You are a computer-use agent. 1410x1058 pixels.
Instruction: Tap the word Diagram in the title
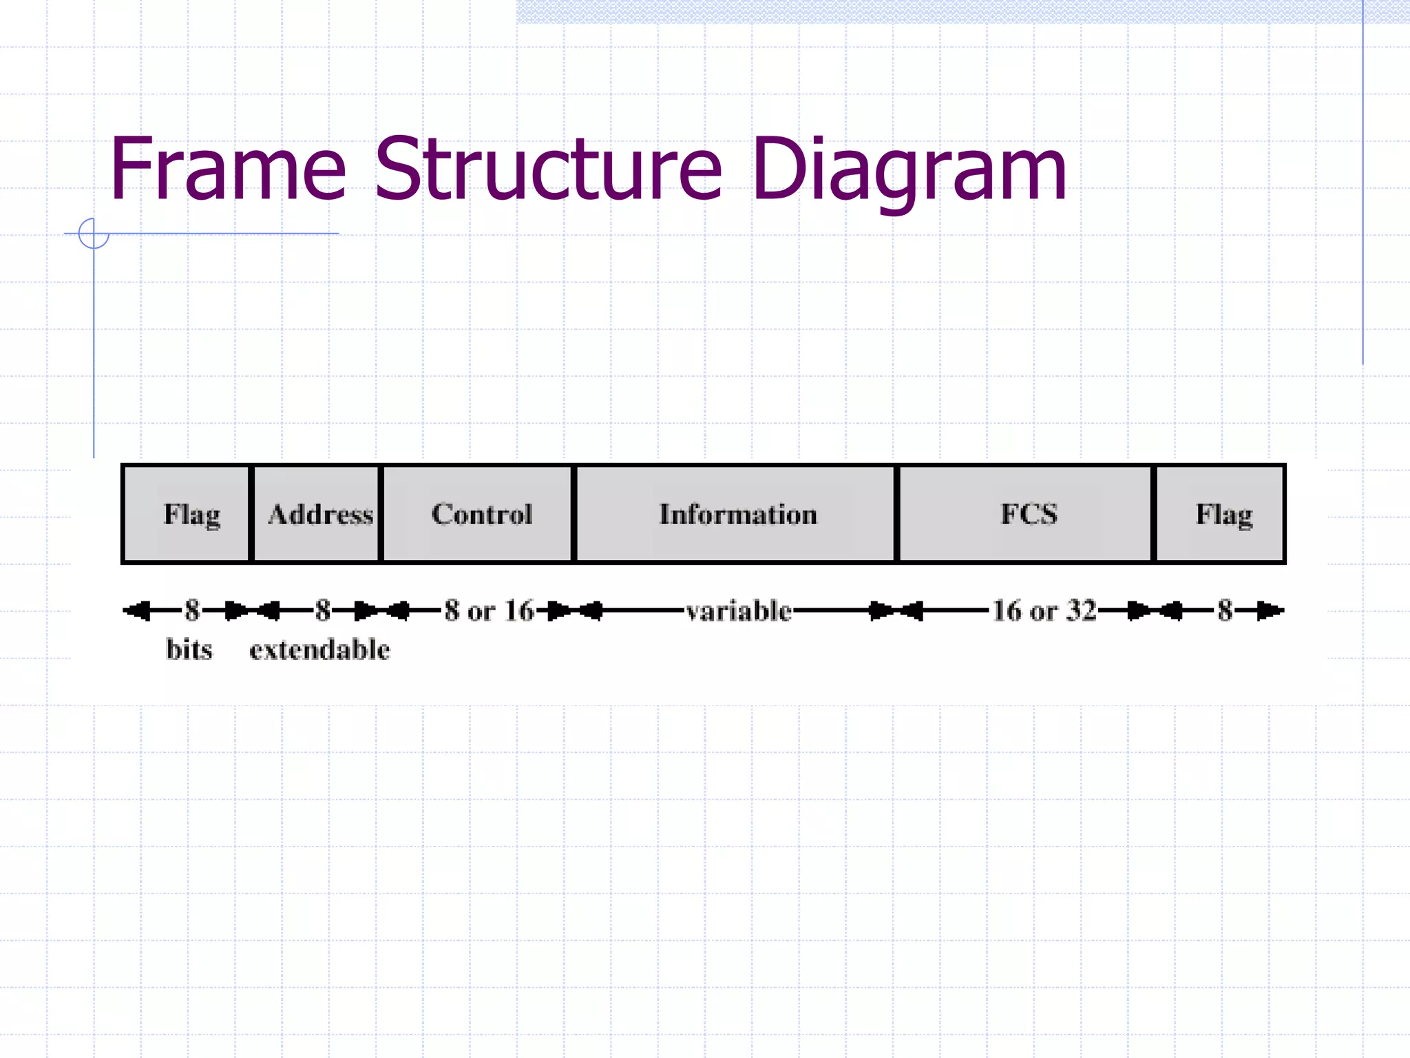909,171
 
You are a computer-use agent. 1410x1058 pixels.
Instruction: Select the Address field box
317,514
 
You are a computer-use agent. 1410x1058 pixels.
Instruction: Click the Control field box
478,514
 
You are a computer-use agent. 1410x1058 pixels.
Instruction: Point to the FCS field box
1026,514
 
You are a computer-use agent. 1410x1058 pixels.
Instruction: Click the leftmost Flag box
187,514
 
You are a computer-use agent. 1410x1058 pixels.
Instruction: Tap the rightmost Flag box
1221,514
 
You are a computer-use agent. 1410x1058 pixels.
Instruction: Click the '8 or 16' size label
489,610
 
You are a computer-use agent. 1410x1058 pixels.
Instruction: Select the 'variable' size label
739,610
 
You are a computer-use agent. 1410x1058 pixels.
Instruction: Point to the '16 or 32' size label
1044,610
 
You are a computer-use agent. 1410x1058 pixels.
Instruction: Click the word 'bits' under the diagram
189,649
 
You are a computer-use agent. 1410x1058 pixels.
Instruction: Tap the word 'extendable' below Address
319,649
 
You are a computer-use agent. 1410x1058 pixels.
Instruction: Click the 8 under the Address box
322,610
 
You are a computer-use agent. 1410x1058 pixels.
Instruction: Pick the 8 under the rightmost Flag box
1225,610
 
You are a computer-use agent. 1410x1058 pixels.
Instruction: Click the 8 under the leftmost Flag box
192,610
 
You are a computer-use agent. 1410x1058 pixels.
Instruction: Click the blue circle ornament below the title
94,234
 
